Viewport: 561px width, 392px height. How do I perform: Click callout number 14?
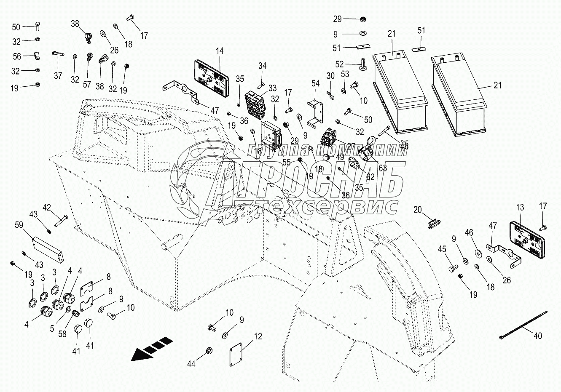(219, 51)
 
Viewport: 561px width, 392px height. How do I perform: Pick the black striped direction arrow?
(152, 349)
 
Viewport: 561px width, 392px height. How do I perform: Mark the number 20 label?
(417, 210)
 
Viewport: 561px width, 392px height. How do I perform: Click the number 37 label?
(58, 76)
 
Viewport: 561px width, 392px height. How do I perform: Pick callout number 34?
(263, 66)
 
